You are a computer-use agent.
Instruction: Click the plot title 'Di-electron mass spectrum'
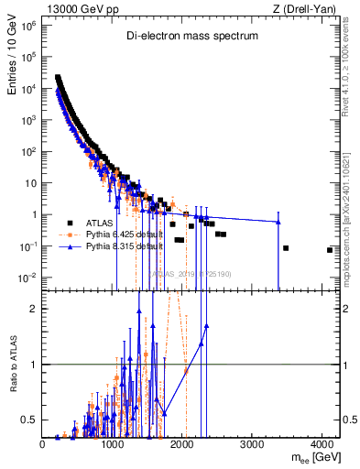[192, 36]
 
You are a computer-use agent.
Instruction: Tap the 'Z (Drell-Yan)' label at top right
[304, 9]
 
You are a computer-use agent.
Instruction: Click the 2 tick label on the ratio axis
[34, 309]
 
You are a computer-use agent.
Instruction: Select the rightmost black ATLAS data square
[330, 250]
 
